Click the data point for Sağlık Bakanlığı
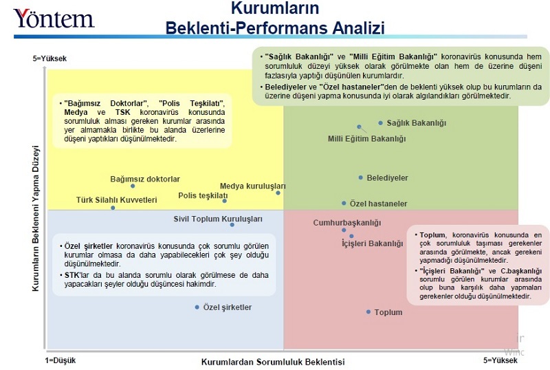380,123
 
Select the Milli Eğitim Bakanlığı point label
366,139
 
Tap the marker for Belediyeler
360,177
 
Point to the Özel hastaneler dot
344,204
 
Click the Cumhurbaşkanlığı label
346,223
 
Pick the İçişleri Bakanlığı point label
372,243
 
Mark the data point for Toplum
368,312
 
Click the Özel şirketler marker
197,307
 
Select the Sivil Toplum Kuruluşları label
218,219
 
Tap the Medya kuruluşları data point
278,193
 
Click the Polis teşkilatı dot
224,201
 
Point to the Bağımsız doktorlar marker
133,186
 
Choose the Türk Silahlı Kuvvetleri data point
113,208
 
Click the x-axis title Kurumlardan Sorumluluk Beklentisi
272,362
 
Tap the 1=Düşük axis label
60,360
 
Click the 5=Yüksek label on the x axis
500,360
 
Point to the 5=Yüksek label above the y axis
49,59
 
